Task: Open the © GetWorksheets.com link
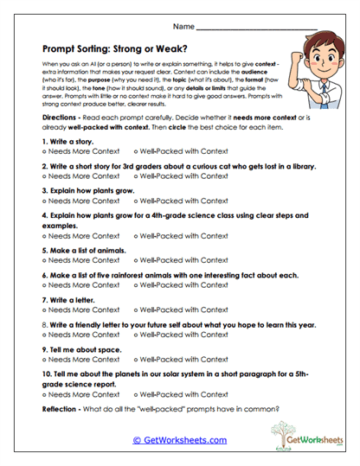click(x=179, y=439)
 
